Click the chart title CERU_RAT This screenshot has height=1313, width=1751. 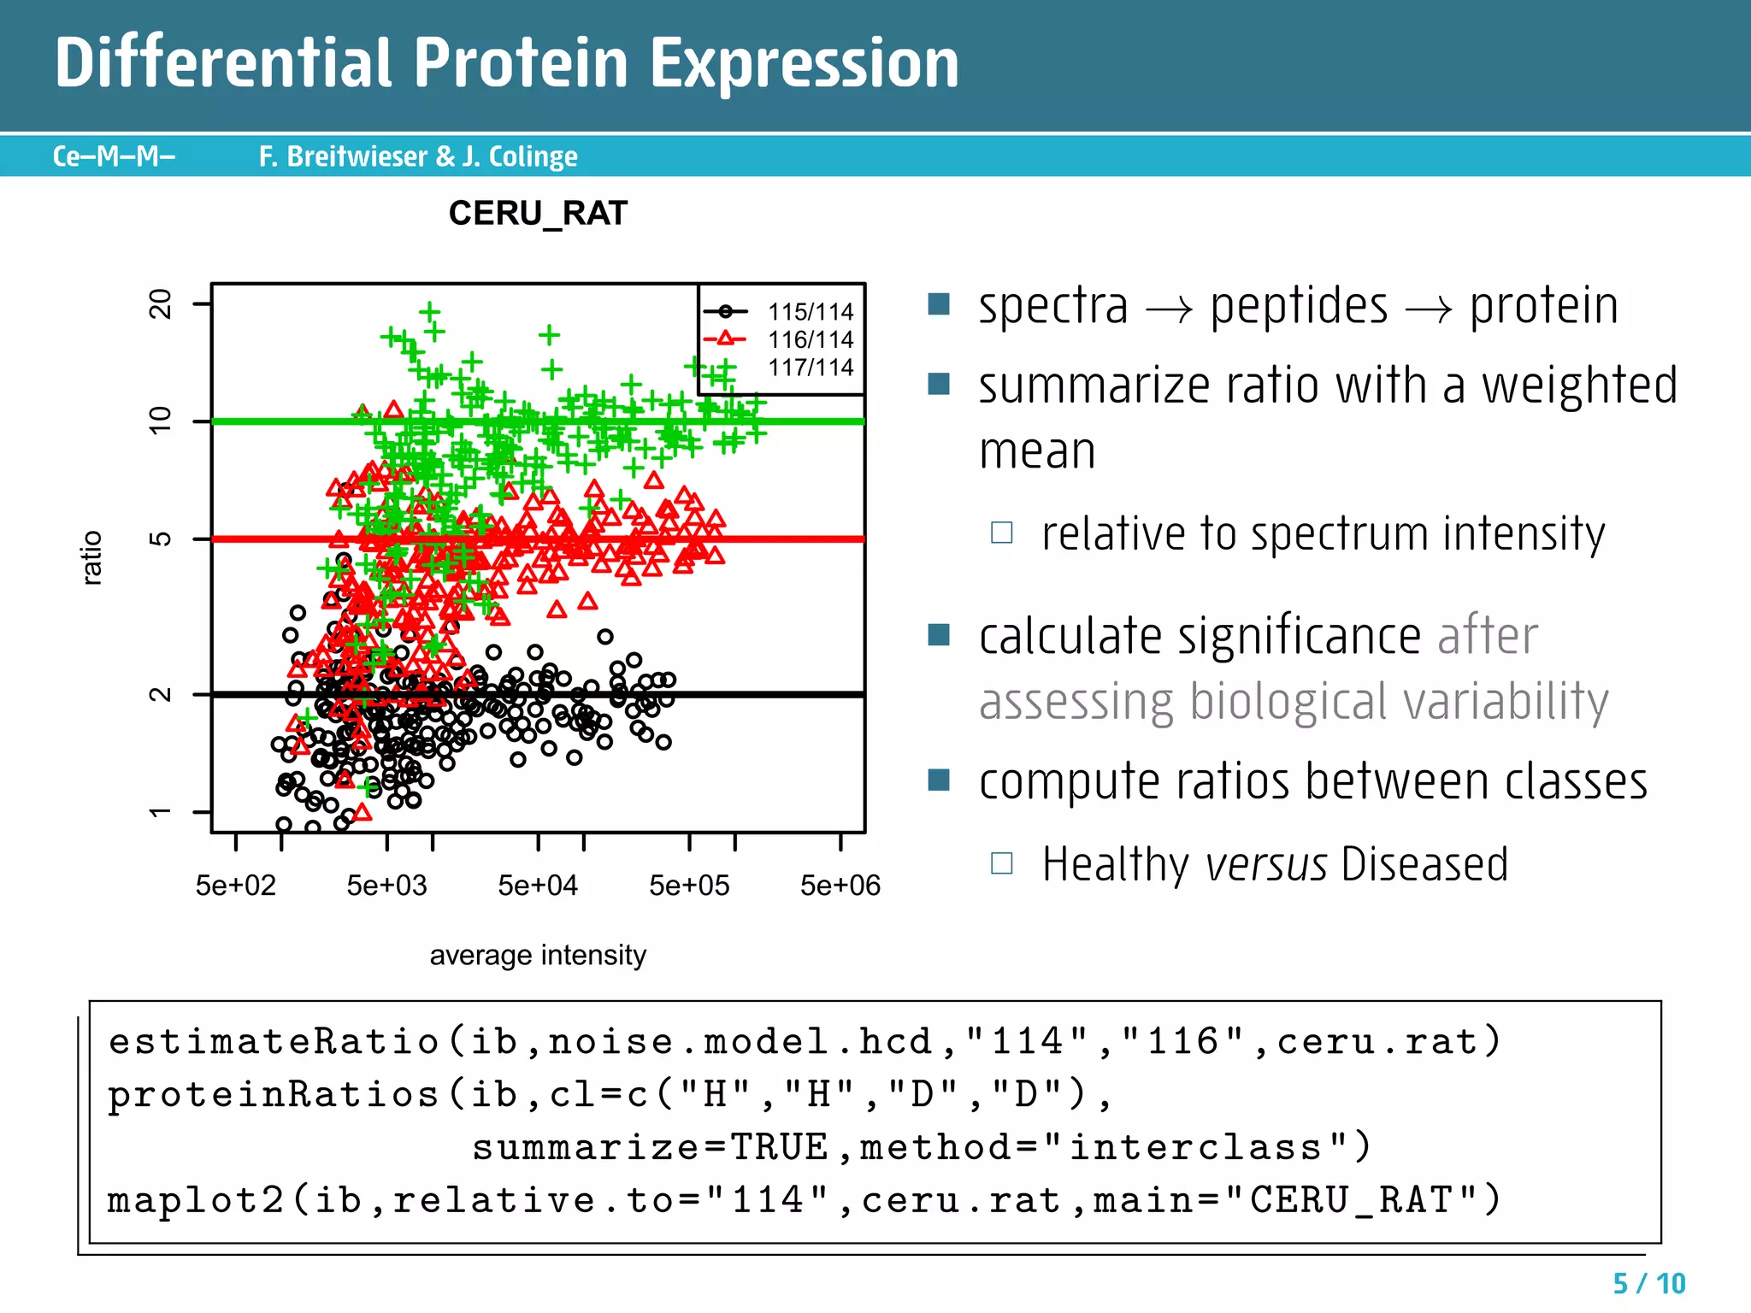(538, 213)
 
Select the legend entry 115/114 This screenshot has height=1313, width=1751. (810, 312)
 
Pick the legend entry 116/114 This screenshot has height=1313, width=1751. (810, 340)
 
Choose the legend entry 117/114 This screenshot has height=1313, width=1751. (810, 368)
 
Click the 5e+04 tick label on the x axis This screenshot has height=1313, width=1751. (538, 886)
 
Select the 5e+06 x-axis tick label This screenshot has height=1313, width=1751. (840, 886)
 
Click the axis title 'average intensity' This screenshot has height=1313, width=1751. (538, 955)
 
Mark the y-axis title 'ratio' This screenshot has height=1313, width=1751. (91, 557)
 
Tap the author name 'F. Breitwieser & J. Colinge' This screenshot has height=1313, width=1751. (418, 156)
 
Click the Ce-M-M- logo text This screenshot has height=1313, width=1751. (114, 156)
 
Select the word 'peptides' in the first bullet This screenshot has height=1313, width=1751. (1299, 307)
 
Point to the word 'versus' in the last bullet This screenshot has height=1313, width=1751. (1265, 864)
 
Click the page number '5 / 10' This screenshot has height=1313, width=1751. (1648, 1283)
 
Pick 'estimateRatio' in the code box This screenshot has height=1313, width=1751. (274, 1041)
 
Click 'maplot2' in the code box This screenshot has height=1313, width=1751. (195, 1200)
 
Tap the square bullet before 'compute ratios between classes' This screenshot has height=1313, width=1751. (939, 780)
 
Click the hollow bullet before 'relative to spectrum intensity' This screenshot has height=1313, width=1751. (1001, 533)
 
